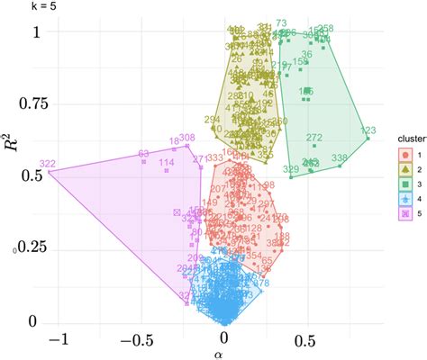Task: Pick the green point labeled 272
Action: click(313, 144)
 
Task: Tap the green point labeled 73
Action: click(281, 30)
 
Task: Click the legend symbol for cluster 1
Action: click(405, 155)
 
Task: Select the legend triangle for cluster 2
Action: click(405, 169)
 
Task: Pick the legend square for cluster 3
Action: click(405, 184)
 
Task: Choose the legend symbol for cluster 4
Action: click(405, 199)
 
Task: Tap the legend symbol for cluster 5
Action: click(405, 214)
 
